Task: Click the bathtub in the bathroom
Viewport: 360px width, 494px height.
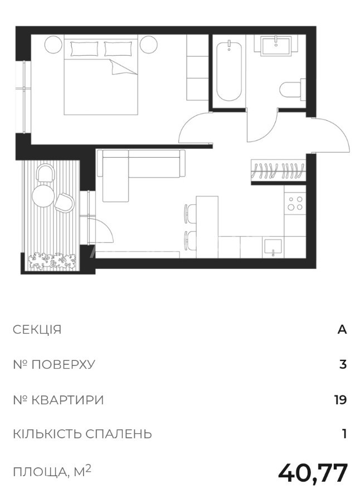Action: pyautogui.click(x=230, y=72)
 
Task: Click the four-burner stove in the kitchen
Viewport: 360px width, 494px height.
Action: pyautogui.click(x=295, y=203)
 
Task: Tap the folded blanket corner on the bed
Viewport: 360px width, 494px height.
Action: pyautogui.click(x=123, y=67)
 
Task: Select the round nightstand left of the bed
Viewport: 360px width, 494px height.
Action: pyautogui.click(x=53, y=45)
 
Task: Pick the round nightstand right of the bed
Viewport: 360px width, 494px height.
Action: pyautogui.click(x=149, y=45)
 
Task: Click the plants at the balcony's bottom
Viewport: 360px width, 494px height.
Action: pyautogui.click(x=52, y=261)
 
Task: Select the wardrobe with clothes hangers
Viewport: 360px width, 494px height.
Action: pyautogui.click(x=279, y=170)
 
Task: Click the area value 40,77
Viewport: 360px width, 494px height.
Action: pyautogui.click(x=313, y=473)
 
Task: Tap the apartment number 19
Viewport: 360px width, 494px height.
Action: pyautogui.click(x=340, y=400)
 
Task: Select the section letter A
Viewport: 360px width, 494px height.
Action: pyautogui.click(x=342, y=330)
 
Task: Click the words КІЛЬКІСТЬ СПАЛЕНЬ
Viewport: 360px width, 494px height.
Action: pyautogui.click(x=82, y=434)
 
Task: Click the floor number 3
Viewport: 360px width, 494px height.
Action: pyautogui.click(x=343, y=365)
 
